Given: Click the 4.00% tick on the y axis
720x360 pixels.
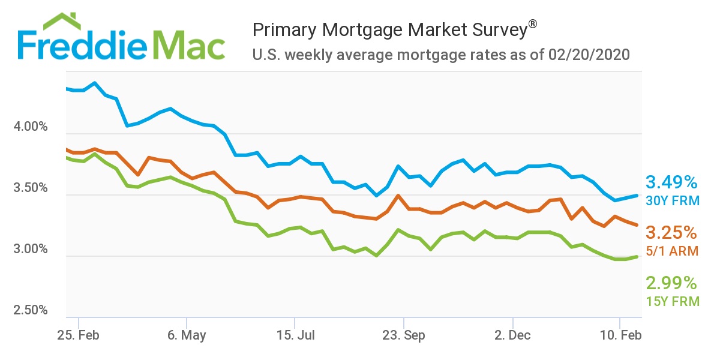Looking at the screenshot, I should coord(29,127).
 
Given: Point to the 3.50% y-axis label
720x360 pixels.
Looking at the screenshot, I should coord(29,188).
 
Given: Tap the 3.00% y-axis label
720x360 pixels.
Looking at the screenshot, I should coord(29,249).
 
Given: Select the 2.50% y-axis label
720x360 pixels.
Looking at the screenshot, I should coord(29,310).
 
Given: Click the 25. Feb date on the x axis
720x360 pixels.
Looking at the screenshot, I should coord(78,335).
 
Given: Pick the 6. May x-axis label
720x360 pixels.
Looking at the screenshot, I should coord(186,335).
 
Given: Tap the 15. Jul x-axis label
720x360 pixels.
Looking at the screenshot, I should coord(295,335).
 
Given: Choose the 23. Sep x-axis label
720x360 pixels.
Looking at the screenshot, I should coord(404,335).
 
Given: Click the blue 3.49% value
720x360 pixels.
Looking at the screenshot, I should coord(671,182).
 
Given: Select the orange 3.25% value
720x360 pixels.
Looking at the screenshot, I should coord(671,232).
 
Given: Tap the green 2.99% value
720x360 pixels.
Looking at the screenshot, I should coord(671,283).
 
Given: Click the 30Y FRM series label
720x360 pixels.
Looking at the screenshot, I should coord(673,200).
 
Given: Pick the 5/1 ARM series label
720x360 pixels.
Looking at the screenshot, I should coord(673,251).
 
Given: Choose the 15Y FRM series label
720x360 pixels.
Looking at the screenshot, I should coord(673,301).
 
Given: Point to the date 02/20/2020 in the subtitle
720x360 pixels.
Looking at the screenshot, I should coord(589,55).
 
